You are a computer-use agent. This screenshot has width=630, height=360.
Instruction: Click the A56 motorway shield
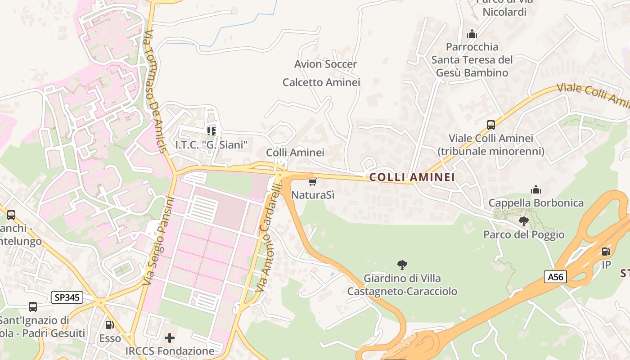click(555, 277)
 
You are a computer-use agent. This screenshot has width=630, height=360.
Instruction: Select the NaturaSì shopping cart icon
click(312, 182)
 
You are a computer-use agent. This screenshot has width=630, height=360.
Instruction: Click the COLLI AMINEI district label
click(412, 177)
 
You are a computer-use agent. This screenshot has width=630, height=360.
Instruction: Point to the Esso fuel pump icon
click(109, 324)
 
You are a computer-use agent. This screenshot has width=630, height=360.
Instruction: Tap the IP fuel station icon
click(606, 252)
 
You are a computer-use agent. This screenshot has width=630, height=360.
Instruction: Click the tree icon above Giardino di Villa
click(402, 265)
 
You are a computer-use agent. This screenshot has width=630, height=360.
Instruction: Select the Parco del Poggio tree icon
click(523, 221)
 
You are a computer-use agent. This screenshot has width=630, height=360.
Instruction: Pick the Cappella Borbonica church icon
click(535, 189)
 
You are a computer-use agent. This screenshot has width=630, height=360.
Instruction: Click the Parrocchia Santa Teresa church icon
click(472, 34)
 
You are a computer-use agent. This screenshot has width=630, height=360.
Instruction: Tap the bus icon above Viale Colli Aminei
click(490, 125)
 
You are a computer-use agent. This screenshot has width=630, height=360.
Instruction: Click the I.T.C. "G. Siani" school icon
click(211, 131)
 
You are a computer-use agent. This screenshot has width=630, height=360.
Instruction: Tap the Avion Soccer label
click(325, 64)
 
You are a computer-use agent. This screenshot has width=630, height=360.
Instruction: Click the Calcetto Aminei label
click(321, 82)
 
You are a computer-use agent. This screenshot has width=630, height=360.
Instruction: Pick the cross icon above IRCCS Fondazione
click(170, 337)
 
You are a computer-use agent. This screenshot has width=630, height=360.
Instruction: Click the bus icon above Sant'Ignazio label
click(33, 307)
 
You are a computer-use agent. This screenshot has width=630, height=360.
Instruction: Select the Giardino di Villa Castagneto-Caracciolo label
click(402, 285)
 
